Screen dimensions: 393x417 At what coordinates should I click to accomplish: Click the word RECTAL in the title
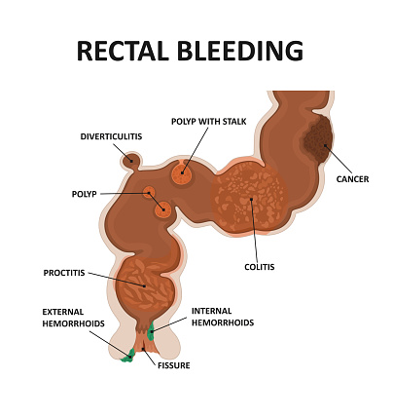click(123, 51)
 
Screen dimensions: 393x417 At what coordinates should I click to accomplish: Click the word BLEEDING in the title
click(240, 51)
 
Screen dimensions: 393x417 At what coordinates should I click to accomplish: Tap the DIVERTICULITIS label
click(111, 136)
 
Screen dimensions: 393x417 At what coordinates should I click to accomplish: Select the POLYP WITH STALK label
click(209, 122)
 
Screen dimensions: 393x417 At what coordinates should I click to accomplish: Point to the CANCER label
click(352, 179)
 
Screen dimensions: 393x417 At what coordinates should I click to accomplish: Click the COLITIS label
click(260, 267)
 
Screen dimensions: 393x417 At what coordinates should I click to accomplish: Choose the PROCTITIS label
click(64, 273)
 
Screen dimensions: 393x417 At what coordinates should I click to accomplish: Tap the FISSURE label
click(174, 365)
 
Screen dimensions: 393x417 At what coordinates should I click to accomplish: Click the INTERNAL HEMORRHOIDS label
click(223, 317)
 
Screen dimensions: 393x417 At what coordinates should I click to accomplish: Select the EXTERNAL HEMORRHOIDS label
click(74, 318)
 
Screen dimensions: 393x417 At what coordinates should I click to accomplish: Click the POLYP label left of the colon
click(85, 194)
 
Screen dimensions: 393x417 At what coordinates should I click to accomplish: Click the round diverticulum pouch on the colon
click(131, 161)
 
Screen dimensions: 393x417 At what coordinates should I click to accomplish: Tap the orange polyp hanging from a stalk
click(182, 173)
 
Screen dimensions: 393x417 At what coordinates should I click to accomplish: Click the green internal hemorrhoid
click(151, 331)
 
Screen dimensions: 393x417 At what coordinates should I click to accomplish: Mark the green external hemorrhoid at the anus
click(128, 357)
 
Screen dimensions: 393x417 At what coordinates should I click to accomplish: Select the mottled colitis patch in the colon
click(249, 198)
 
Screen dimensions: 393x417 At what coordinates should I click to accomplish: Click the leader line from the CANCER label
click(339, 159)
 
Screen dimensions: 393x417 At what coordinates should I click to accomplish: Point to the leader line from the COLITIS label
click(254, 230)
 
